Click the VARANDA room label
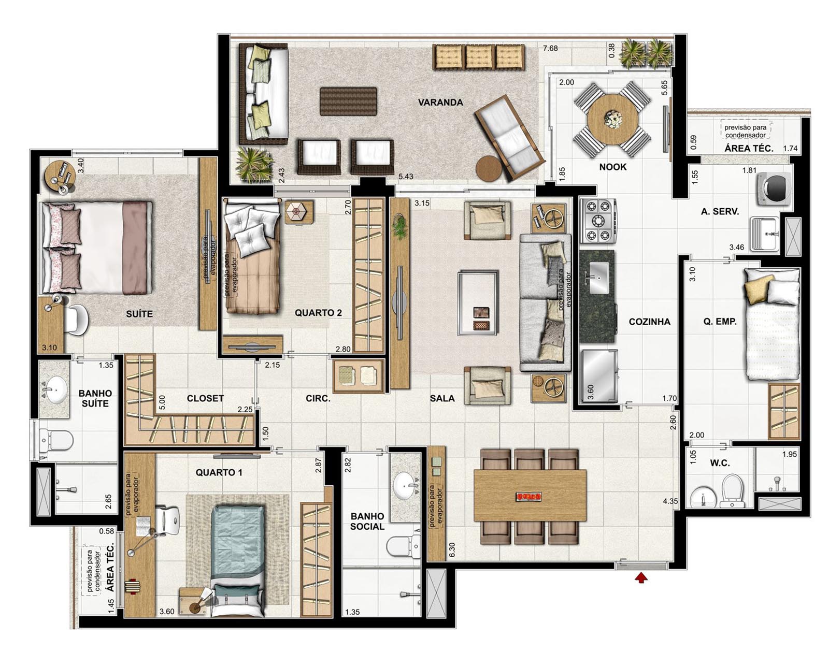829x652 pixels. (x=440, y=103)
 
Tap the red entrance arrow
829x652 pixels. (x=641, y=577)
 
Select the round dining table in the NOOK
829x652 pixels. (x=612, y=119)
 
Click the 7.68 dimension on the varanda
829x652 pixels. (x=550, y=49)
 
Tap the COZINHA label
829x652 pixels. (x=650, y=322)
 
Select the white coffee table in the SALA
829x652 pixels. (x=478, y=303)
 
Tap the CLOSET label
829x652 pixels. (x=205, y=398)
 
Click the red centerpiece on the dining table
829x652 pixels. (x=530, y=497)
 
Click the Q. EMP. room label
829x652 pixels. (x=720, y=321)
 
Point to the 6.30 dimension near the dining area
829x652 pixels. (x=452, y=549)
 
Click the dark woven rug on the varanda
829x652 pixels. (x=348, y=102)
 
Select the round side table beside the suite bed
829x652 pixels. (x=60, y=176)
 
